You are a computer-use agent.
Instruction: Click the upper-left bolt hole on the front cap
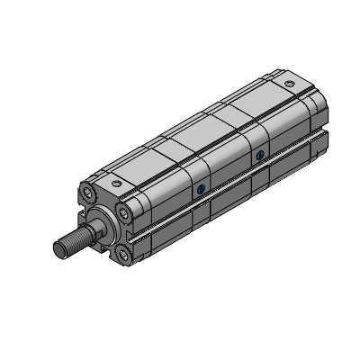87,192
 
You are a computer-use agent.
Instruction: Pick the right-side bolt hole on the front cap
122,212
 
